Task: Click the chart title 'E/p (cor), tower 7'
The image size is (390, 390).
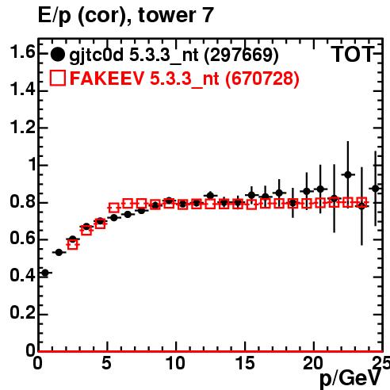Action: (x=126, y=15)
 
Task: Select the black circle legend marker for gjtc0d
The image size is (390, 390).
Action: (x=57, y=55)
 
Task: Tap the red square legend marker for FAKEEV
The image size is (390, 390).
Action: (x=58, y=78)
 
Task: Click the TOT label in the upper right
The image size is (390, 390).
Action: (x=353, y=54)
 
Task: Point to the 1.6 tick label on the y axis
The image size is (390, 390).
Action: (x=22, y=52)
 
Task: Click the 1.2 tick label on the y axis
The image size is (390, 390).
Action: (x=22, y=127)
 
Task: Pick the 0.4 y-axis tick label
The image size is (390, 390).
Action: (x=22, y=275)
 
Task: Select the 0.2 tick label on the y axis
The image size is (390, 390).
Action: (x=22, y=312)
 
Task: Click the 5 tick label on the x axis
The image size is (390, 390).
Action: (x=106, y=363)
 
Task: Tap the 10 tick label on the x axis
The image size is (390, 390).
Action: (x=175, y=363)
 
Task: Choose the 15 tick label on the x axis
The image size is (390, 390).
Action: (x=245, y=363)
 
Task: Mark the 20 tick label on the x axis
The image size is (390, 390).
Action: (x=313, y=363)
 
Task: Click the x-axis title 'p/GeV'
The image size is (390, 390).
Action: (x=350, y=378)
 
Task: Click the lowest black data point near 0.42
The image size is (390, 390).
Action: (x=45, y=273)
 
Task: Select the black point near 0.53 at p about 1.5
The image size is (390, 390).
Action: (x=59, y=252)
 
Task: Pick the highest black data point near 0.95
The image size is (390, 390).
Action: (x=348, y=174)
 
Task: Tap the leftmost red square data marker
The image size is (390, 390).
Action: (x=73, y=244)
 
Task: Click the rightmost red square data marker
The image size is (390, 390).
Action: (x=361, y=202)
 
